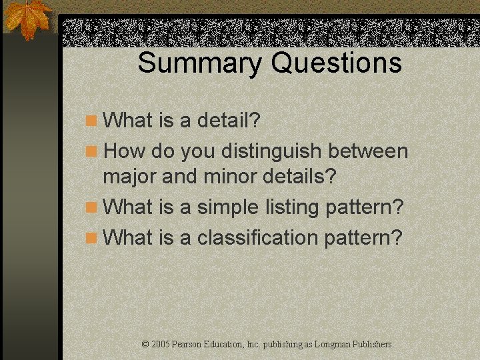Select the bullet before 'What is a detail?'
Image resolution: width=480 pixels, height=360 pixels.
click(91, 121)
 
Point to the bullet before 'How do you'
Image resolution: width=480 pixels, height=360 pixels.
click(91, 151)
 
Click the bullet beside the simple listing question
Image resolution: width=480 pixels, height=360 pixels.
click(91, 207)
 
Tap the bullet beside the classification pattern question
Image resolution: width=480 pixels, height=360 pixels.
click(91, 237)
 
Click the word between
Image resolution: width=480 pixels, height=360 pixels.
click(368, 151)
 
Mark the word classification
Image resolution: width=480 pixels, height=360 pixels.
click(257, 237)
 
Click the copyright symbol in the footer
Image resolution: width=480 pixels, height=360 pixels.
click(146, 345)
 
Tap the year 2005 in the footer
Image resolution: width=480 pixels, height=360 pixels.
click(160, 345)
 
